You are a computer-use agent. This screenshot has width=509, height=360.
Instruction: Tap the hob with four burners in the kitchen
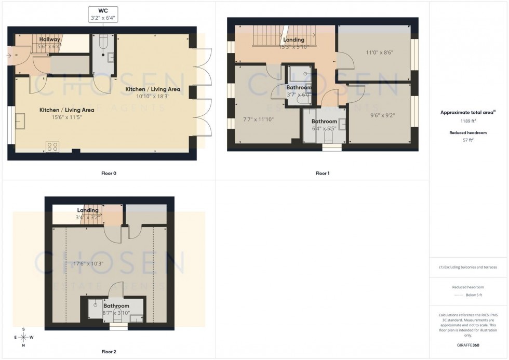[52, 146]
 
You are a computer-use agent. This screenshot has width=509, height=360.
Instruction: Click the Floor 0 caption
[109, 173]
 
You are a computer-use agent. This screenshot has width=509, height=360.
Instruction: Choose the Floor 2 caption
[109, 352]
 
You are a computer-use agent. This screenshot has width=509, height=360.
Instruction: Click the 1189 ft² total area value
[468, 121]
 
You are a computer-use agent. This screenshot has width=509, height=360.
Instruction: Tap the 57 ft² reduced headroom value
[468, 140]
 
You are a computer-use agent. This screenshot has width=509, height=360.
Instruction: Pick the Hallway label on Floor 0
[50, 39]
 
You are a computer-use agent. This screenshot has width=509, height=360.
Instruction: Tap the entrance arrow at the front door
[10, 55]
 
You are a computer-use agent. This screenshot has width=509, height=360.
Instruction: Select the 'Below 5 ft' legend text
[474, 295]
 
